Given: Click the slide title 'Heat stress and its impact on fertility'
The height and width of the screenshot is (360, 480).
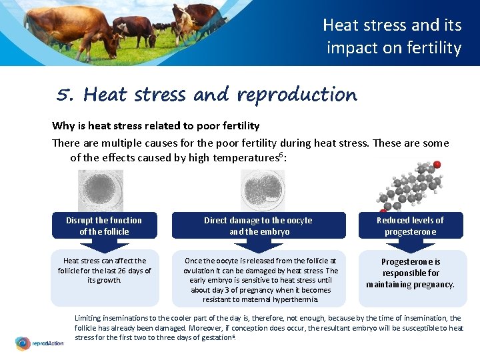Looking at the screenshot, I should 392,36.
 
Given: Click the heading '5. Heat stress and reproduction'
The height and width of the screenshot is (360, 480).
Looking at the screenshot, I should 207,95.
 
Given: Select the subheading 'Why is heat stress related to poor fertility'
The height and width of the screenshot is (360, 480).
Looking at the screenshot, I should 156,125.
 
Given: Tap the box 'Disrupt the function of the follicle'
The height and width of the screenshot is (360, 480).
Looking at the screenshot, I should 104,225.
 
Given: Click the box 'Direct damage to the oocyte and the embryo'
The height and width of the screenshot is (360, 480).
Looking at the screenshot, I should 259,225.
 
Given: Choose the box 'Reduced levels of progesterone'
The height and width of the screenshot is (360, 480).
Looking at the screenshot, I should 410,225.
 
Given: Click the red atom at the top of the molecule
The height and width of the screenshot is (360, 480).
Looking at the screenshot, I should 437,164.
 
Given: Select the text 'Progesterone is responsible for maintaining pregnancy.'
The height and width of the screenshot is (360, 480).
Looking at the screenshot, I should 410,273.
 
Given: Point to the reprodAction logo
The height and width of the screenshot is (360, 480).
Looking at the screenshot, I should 39,343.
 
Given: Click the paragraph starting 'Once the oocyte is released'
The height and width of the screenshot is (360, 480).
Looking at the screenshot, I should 261,280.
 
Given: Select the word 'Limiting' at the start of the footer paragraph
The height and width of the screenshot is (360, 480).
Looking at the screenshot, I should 87,319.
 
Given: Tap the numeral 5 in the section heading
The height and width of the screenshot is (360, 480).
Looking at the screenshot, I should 65,95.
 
